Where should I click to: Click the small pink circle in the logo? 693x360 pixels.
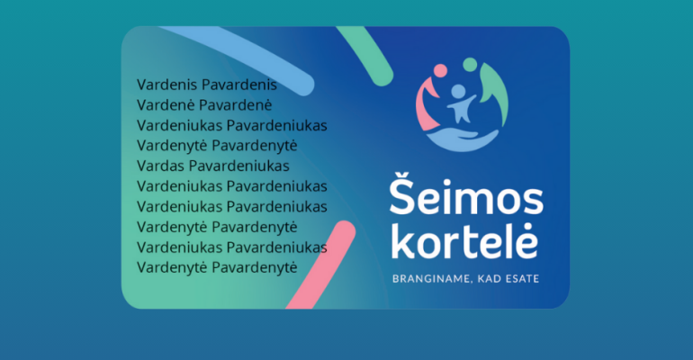coord(440,71)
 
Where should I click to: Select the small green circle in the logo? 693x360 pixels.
coord(470,65)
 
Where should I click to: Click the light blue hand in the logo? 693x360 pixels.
coord(463,140)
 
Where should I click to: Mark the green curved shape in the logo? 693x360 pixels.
coord(498,91)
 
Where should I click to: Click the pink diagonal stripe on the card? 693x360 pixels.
coord(322,265)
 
